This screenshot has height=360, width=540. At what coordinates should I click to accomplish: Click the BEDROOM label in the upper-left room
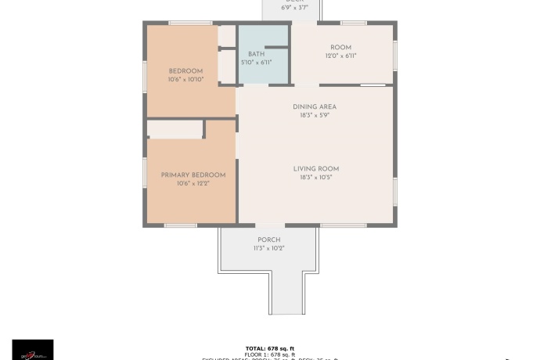tap(185, 71)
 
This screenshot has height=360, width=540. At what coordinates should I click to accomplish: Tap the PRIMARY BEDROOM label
tap(193, 175)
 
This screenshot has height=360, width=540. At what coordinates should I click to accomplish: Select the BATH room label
tap(257, 54)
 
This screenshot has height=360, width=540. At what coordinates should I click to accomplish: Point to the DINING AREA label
tap(315, 106)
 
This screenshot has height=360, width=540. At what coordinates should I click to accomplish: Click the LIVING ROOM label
tap(316, 168)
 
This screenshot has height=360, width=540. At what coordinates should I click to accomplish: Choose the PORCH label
tap(268, 239)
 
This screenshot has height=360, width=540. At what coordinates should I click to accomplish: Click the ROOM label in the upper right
tap(340, 48)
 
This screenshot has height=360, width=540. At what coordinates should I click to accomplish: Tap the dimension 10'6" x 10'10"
tap(185, 80)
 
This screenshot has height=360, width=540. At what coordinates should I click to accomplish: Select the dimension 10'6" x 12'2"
tap(193, 183)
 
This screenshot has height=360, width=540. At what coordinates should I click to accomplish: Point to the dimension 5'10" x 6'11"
tap(257, 63)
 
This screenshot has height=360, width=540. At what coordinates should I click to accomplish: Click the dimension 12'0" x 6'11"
tap(340, 56)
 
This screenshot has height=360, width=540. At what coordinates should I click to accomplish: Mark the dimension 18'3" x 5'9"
tap(315, 115)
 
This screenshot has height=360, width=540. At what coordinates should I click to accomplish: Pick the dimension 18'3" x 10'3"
tap(316, 177)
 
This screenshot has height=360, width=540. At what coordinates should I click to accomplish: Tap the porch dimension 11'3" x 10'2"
tap(268, 248)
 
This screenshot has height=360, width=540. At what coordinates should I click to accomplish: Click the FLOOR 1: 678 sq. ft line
tap(269, 354)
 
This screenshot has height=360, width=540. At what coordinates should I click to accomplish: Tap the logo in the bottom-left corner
tap(33, 350)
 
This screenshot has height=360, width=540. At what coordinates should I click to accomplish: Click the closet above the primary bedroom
tap(175, 130)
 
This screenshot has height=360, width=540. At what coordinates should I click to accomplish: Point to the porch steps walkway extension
tap(286, 293)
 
